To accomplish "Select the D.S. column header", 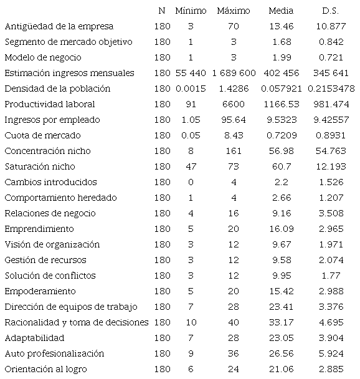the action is tap(331, 11).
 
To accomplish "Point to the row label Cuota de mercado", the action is tap(42, 135).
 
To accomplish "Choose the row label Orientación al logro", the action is tap(45, 369).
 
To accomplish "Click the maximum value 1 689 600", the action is tap(234, 73).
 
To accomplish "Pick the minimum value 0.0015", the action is tap(190, 89).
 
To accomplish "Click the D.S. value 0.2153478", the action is tap(331, 89).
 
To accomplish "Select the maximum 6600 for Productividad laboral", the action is tap(234, 104).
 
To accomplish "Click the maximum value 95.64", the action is tap(234, 120).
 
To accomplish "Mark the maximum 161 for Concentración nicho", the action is tap(234, 151).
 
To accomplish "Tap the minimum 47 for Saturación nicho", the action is tap(190, 166).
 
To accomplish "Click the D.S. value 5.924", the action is tap(331, 353).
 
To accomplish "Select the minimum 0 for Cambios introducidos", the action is tap(190, 182).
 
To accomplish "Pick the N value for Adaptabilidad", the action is tap(161, 338).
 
